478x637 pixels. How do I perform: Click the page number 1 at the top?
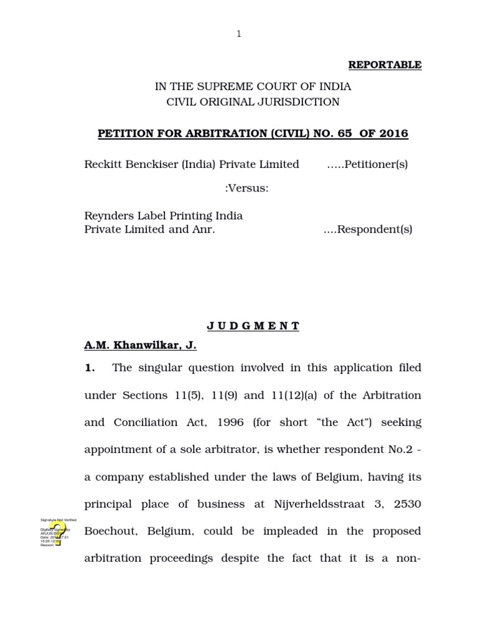click(x=238, y=34)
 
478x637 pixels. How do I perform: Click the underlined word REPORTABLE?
click(x=385, y=65)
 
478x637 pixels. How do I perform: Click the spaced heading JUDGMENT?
click(x=253, y=326)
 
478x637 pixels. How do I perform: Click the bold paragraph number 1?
click(x=90, y=368)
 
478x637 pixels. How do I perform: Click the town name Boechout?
click(x=110, y=531)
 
